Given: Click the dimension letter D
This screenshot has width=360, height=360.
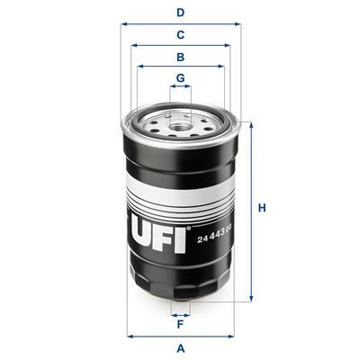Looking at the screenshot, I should click(x=180, y=13).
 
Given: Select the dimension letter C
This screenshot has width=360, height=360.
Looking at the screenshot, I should click(x=180, y=35).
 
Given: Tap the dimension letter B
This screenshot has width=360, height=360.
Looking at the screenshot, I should click(x=180, y=57).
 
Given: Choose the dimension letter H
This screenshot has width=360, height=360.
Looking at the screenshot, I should click(x=263, y=210).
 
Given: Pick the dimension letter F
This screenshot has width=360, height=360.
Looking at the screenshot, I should click(x=180, y=325).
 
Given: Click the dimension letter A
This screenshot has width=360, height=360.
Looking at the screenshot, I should click(x=180, y=347).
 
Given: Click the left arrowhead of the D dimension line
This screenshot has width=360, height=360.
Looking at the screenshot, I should click(x=122, y=24).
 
